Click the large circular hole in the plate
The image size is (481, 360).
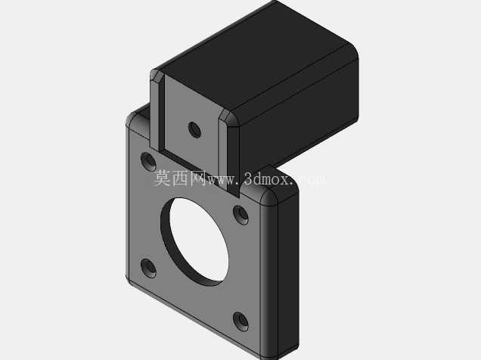195,241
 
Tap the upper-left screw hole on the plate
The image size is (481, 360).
148,161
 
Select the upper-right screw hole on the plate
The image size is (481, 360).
240,215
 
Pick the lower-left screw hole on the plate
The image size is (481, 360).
148,268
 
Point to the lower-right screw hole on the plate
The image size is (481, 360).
240,321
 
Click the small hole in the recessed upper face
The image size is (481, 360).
194,129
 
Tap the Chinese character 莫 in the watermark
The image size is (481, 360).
162,178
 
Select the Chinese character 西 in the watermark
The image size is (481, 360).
180,178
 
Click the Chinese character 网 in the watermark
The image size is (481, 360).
198,178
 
